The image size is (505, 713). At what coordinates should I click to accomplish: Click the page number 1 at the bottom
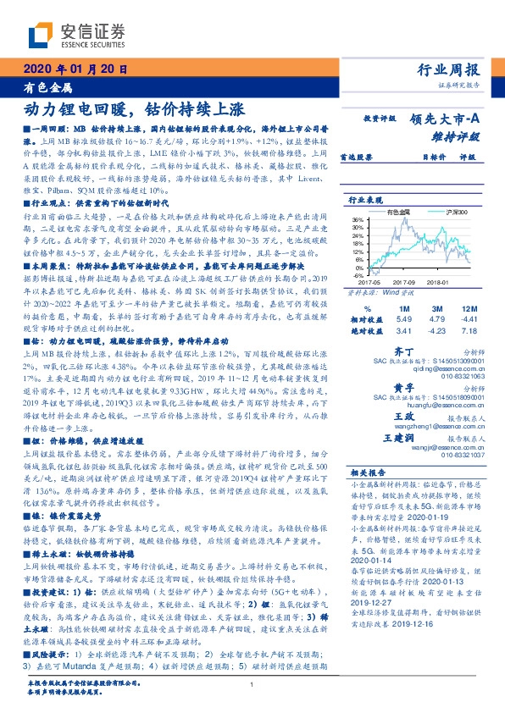(x=252, y=686)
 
